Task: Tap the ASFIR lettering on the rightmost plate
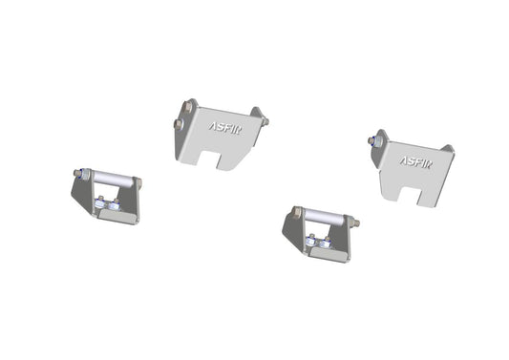point(415,160)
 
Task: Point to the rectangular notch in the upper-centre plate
point(228,159)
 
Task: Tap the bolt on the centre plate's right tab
point(264,121)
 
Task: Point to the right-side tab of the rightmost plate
point(447,151)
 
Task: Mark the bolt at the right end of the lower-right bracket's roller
point(354,222)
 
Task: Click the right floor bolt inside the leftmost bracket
point(116,202)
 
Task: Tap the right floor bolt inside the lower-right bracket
point(328,244)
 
